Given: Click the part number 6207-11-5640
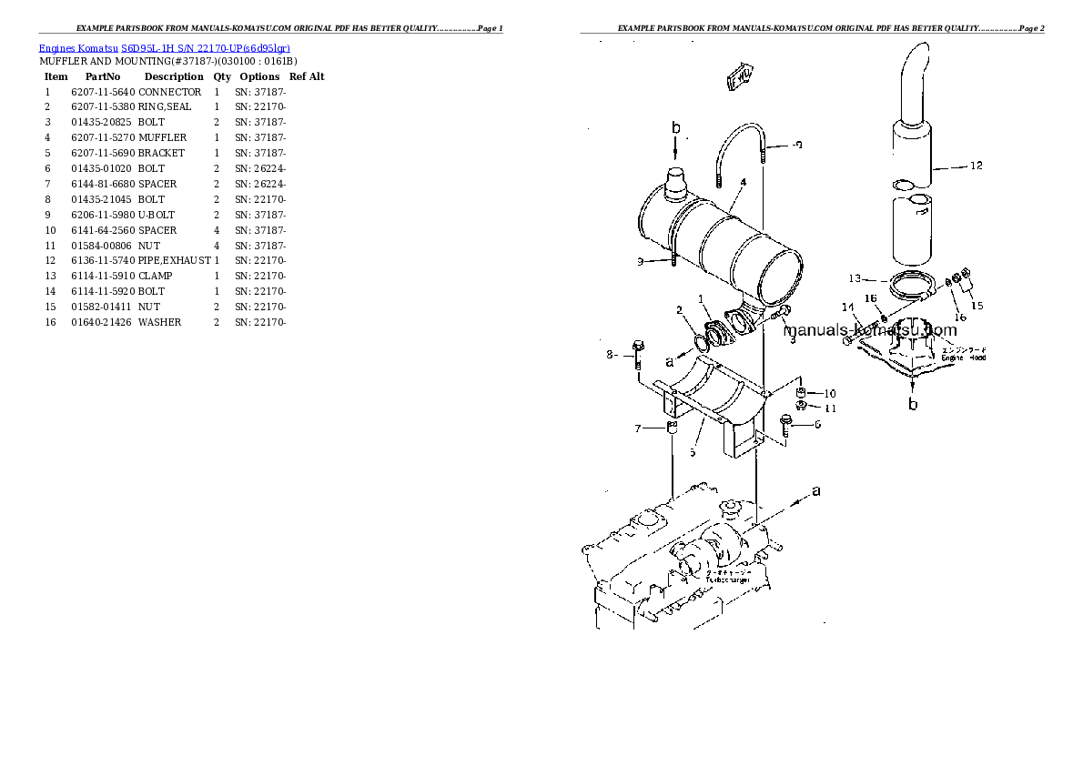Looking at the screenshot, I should point(102,92).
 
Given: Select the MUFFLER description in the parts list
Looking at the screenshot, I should point(163,137).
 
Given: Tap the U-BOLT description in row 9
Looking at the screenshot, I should point(157,215).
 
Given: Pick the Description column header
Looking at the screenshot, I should point(173,76).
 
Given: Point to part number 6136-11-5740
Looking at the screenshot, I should point(102,260).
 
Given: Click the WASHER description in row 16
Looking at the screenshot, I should point(159,322).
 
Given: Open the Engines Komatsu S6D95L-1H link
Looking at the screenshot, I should point(165,47).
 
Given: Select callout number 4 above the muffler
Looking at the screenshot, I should point(744,182).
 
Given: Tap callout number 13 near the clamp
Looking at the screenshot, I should point(855,277).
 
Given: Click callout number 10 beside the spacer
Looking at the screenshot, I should point(829,393).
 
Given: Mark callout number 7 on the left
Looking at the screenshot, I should point(637,428).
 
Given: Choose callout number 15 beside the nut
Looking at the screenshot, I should point(977,306).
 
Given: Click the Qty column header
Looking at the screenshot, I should point(222,76).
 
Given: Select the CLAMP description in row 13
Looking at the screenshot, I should point(155,276).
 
